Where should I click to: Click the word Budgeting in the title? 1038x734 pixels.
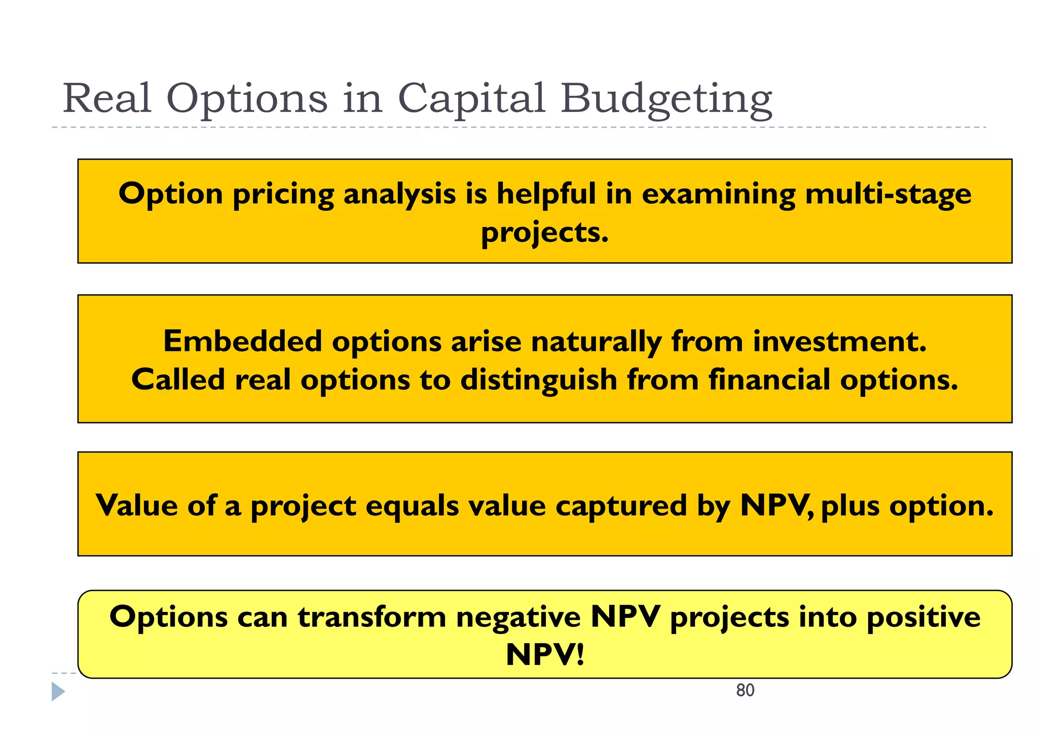(666, 99)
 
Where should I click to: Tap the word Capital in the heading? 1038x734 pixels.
(471, 99)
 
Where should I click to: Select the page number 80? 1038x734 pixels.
(745, 690)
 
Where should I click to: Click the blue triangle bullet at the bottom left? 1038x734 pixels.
(58, 692)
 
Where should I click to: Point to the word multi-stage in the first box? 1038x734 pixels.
(887, 194)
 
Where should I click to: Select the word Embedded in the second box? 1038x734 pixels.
(242, 341)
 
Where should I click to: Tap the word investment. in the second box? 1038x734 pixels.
(839, 341)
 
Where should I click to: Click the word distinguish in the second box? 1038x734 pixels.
(538, 381)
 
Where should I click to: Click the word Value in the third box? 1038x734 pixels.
(136, 505)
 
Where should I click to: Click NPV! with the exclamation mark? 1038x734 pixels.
(545, 654)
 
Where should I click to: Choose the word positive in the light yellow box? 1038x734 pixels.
(923, 617)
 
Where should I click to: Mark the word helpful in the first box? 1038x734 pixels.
(545, 194)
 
